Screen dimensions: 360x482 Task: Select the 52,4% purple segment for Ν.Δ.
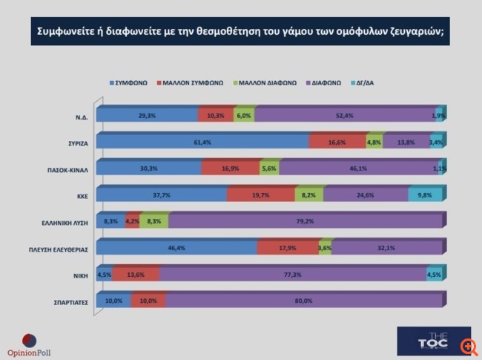pos(343,115)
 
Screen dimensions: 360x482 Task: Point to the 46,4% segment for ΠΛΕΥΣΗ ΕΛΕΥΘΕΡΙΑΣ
pos(176,248)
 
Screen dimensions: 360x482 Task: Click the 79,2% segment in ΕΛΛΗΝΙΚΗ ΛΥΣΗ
pos(306,221)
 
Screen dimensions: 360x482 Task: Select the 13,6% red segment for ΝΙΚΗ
pos(136,275)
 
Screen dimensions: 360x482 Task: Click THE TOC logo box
pos(433,341)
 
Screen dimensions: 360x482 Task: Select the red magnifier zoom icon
pos(469,347)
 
